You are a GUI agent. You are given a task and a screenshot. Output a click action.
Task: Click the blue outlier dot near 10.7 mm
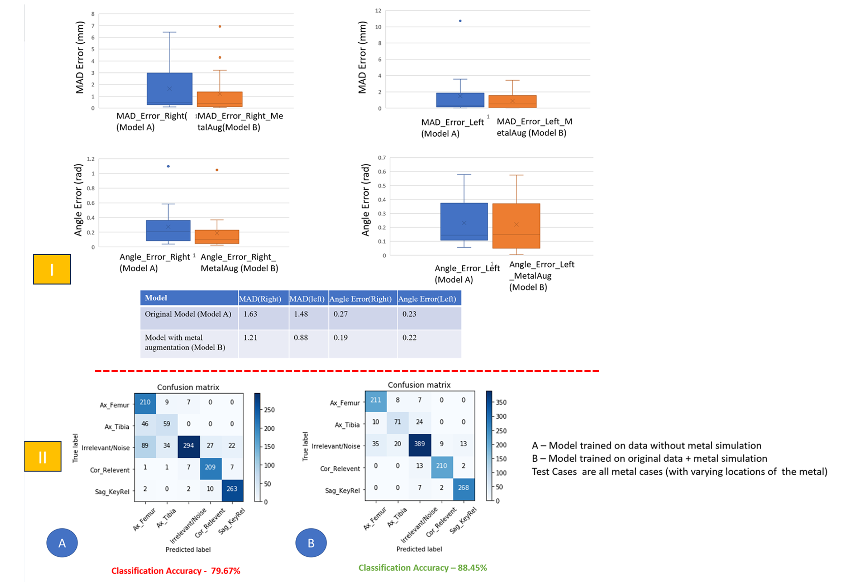tap(460, 21)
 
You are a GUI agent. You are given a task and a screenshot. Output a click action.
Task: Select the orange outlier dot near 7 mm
tap(220, 26)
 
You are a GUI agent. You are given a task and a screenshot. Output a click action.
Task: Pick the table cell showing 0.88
tap(309, 344)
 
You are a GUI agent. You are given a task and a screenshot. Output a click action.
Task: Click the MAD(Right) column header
tap(264, 298)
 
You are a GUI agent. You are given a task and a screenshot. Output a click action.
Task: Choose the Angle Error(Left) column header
tap(429, 298)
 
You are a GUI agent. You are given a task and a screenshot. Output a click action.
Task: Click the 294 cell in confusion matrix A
tap(188, 445)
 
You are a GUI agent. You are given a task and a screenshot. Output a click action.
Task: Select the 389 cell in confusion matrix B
tap(420, 444)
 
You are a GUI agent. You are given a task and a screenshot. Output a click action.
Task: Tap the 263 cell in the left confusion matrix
tap(232, 489)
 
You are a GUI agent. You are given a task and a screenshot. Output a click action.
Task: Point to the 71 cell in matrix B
tap(397, 422)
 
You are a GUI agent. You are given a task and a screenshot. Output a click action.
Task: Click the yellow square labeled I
tap(52, 269)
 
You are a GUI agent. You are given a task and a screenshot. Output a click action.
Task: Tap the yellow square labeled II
tap(43, 456)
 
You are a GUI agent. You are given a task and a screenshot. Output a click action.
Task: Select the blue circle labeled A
tap(62, 543)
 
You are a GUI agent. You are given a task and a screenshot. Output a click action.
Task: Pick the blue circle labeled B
tap(311, 543)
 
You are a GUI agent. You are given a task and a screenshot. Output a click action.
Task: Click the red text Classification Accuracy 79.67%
tap(175, 571)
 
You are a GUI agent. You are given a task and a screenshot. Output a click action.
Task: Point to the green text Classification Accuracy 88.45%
tap(423, 568)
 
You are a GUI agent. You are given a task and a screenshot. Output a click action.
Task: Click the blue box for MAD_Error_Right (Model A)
tap(170, 89)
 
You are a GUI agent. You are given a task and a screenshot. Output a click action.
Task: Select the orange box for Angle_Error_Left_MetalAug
tap(516, 226)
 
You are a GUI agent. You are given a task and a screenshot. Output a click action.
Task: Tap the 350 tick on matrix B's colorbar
tap(501, 402)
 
